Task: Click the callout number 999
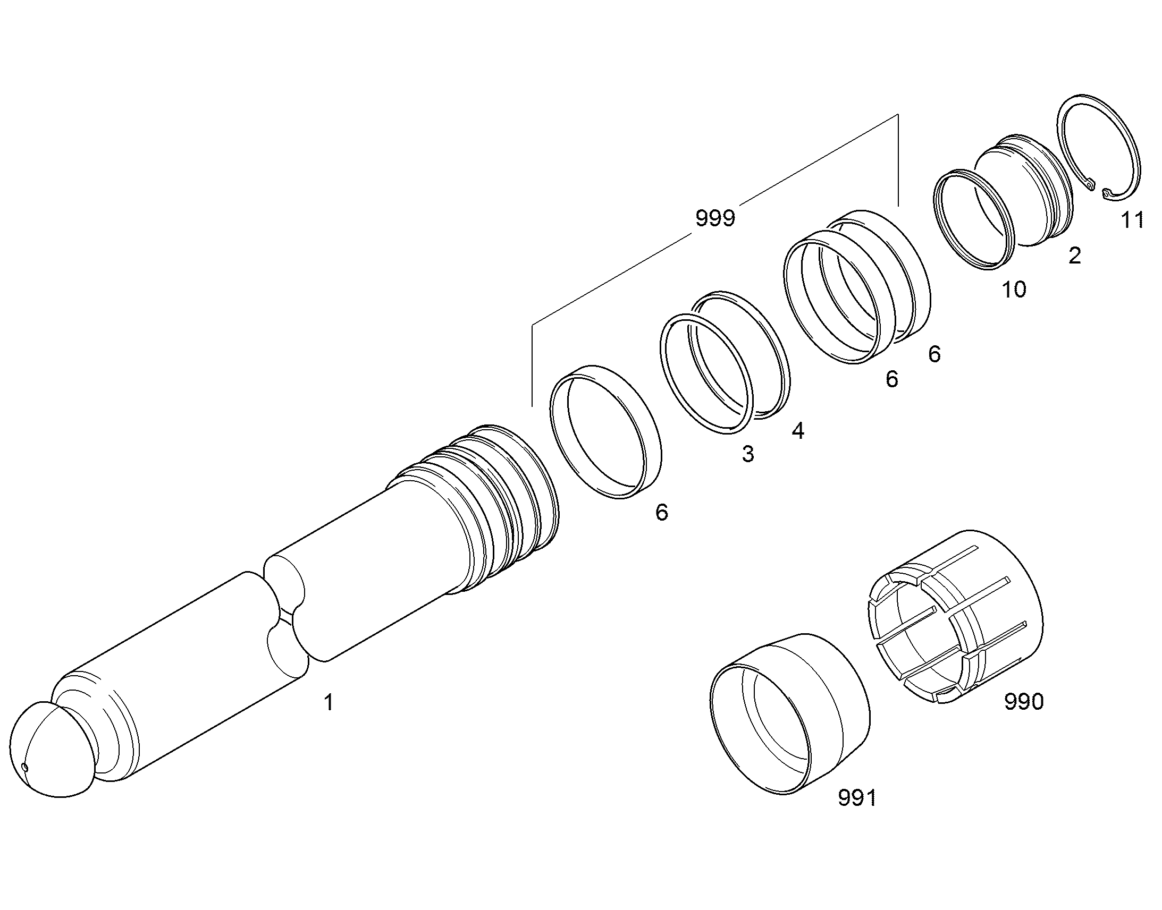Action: [715, 218]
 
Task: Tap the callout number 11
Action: [1132, 219]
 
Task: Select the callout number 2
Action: [1075, 256]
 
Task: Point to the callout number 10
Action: [1014, 290]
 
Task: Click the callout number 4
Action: [797, 430]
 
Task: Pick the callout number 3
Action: [748, 454]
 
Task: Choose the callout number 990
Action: [1023, 702]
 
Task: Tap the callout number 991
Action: [857, 813]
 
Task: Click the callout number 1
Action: [329, 702]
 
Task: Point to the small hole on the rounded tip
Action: [24, 767]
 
